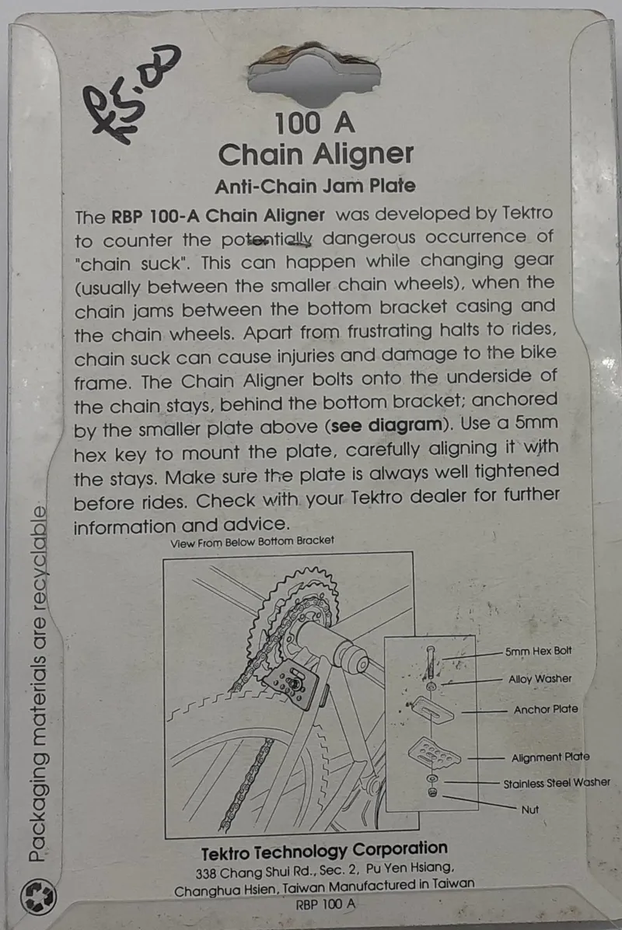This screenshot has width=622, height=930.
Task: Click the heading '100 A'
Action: point(314,124)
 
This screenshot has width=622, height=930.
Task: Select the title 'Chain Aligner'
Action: point(316,155)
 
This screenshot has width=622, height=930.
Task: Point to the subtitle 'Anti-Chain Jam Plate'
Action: point(315,187)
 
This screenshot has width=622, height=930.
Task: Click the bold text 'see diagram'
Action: point(386,425)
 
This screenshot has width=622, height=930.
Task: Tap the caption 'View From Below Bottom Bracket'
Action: point(252,541)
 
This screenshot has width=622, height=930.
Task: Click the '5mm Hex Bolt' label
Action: point(538,651)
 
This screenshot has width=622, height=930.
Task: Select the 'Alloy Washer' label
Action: point(540,679)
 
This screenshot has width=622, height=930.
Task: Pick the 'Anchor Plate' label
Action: point(546,709)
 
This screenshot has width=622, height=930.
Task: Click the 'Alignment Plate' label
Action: point(550,757)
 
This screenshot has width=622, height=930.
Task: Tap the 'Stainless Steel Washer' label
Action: point(556,784)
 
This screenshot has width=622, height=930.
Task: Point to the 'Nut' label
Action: point(529,809)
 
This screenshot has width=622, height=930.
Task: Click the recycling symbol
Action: point(38,897)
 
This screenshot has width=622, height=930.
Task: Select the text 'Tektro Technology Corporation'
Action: point(324,851)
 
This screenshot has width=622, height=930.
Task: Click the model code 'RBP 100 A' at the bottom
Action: point(326,904)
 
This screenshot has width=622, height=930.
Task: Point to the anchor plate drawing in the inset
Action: point(432,708)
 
